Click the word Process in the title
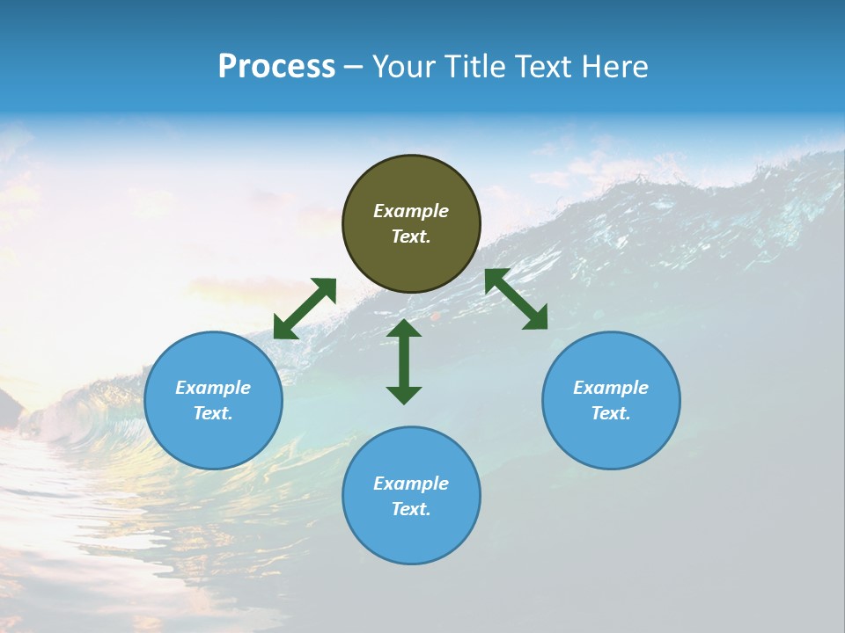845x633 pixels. pyautogui.click(x=276, y=67)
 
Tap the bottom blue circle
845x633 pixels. pyautogui.click(x=411, y=536)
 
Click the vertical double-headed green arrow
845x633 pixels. pyautogui.click(x=404, y=361)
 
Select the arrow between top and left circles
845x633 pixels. pyautogui.click(x=305, y=309)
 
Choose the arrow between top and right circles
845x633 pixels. pyautogui.click(x=516, y=299)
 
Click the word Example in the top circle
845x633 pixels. pyautogui.click(x=411, y=211)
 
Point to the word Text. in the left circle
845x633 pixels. pyautogui.click(x=213, y=413)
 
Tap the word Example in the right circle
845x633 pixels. pyautogui.click(x=611, y=388)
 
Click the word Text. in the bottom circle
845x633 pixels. pyautogui.click(x=411, y=509)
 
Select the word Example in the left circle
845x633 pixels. pyautogui.click(x=213, y=388)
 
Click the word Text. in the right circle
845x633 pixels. pyautogui.click(x=611, y=413)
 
